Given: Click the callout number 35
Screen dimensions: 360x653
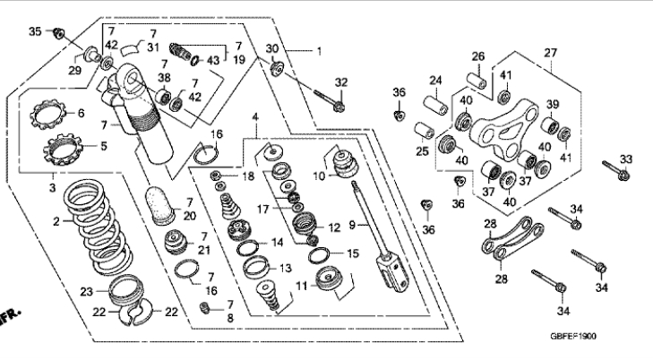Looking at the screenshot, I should [x=35, y=31].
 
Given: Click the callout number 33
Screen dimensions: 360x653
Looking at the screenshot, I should [x=626, y=159].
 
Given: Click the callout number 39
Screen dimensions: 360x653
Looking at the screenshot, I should [x=553, y=103].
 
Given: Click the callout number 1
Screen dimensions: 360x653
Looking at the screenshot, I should [x=317, y=51].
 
